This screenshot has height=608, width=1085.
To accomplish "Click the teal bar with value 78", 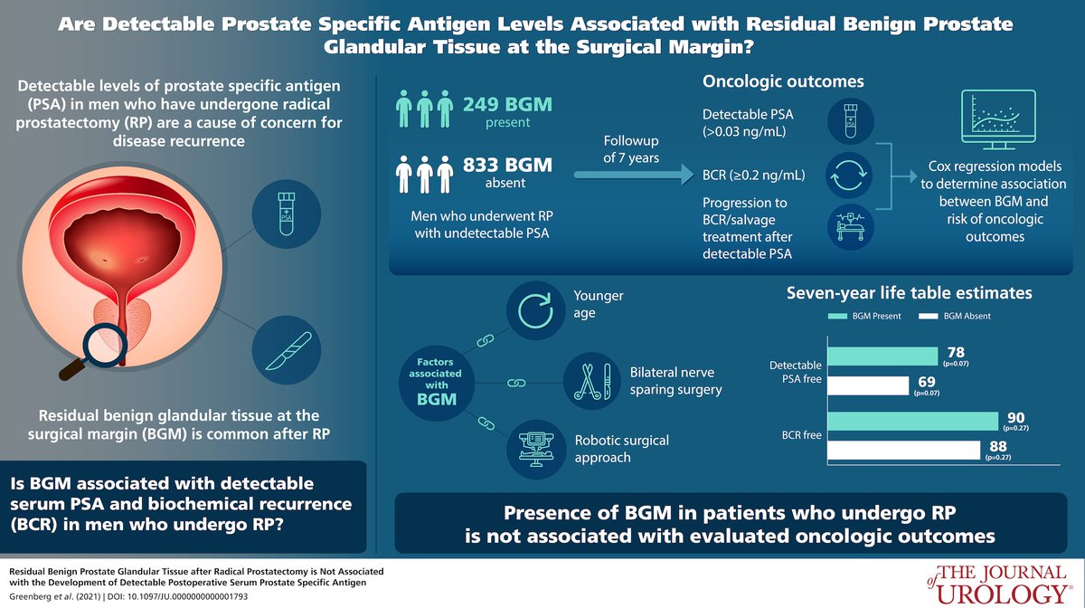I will pos(882,356).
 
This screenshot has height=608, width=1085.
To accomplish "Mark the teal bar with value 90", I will pos(912,421).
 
